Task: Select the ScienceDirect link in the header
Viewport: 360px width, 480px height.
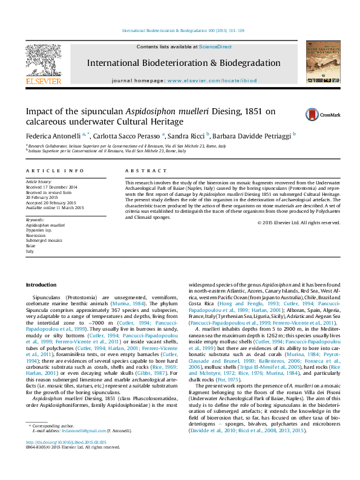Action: click(216, 47)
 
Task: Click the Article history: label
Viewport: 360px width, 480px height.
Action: click(38, 181)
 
